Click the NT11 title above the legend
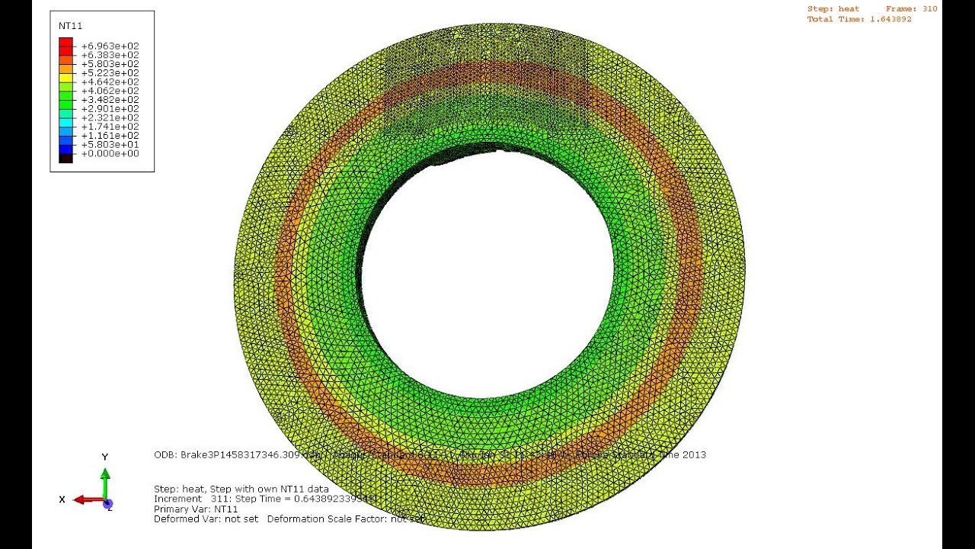click(x=70, y=26)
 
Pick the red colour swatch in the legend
click(x=66, y=43)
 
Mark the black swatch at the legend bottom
click(x=66, y=157)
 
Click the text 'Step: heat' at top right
click(x=833, y=9)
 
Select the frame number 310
click(x=929, y=9)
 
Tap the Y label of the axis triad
click(x=105, y=457)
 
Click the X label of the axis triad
click(x=62, y=499)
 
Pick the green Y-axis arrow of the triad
click(x=106, y=480)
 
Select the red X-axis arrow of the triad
click(x=88, y=500)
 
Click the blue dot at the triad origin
click(x=107, y=504)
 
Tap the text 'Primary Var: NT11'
click(x=196, y=509)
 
